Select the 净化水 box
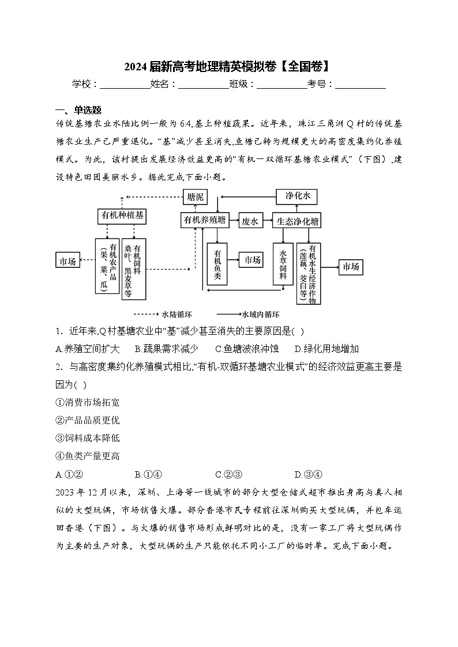[x=297, y=196]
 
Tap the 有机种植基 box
[x=122, y=216]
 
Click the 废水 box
[x=250, y=221]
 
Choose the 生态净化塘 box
[x=298, y=221]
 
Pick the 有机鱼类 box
[x=217, y=264]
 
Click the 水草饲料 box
[x=283, y=264]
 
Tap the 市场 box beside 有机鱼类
[x=252, y=260]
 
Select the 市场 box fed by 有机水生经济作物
[x=351, y=267]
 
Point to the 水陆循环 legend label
[x=177, y=315]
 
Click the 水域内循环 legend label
[x=261, y=315]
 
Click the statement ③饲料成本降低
[x=88, y=438]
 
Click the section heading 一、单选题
[x=78, y=111]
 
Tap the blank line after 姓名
[x=204, y=85]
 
